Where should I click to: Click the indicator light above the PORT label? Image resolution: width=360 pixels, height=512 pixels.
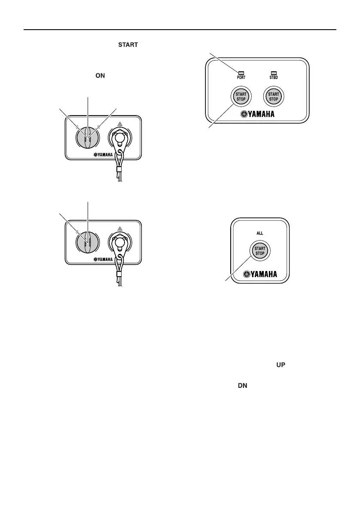pyautogui.click(x=241, y=73)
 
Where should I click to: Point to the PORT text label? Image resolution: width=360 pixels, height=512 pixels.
pyautogui.click(x=241, y=78)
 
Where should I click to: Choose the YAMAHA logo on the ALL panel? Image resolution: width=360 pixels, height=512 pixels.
pyautogui.click(x=260, y=274)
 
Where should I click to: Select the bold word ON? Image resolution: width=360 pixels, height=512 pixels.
pyautogui.click(x=100, y=76)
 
